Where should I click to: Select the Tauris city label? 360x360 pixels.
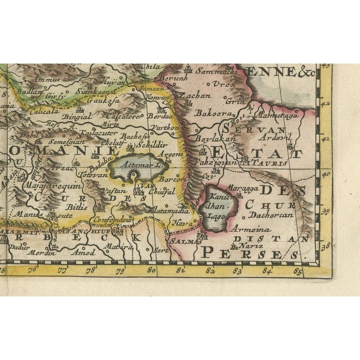pyautogui.click(x=273, y=162)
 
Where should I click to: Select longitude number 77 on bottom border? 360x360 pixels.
pyautogui.click(x=62, y=270)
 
